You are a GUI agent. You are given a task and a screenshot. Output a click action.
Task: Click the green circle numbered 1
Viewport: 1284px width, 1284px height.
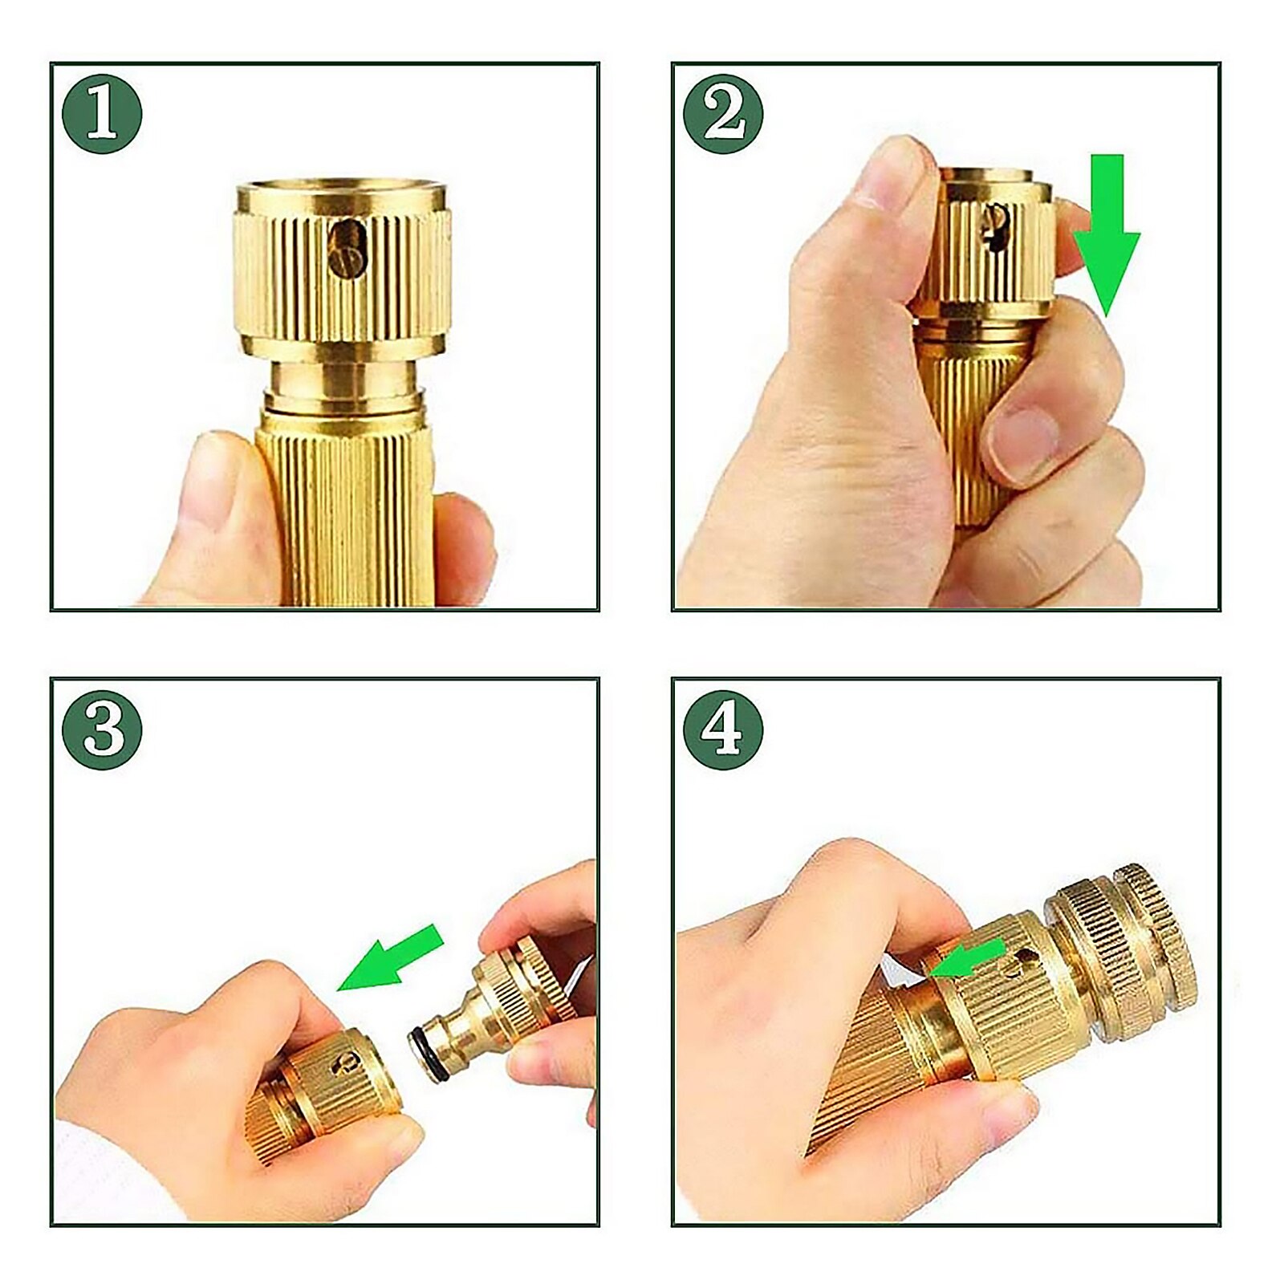tap(102, 114)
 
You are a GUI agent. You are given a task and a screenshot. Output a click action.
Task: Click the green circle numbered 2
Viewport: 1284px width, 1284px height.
tap(723, 114)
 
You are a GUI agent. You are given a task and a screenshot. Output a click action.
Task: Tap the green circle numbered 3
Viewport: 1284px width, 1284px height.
tap(102, 729)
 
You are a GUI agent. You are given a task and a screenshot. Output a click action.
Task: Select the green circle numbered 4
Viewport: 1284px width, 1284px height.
tap(723, 729)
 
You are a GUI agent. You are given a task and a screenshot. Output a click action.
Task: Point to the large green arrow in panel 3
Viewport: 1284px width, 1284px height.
tap(393, 958)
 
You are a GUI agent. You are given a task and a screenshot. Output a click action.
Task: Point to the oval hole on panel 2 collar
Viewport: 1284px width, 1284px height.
tap(996, 225)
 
